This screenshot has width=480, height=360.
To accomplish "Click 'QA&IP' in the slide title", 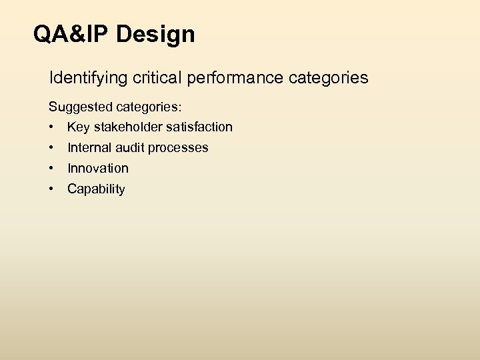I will pos(72,34).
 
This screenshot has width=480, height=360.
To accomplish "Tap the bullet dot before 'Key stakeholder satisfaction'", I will pos(51,127).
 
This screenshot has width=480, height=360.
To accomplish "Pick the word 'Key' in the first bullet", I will pos(77,127).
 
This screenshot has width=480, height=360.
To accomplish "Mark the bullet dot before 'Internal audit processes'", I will pos(51,148).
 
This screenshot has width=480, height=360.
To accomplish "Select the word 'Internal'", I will pos(88,148).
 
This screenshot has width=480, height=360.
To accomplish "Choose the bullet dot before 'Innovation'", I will pos(51,169).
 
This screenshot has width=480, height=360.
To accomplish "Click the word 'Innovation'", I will pos(97,169).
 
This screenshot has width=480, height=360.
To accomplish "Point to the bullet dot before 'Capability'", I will pos(51,189).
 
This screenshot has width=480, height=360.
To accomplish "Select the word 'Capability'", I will pos(96,189).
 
